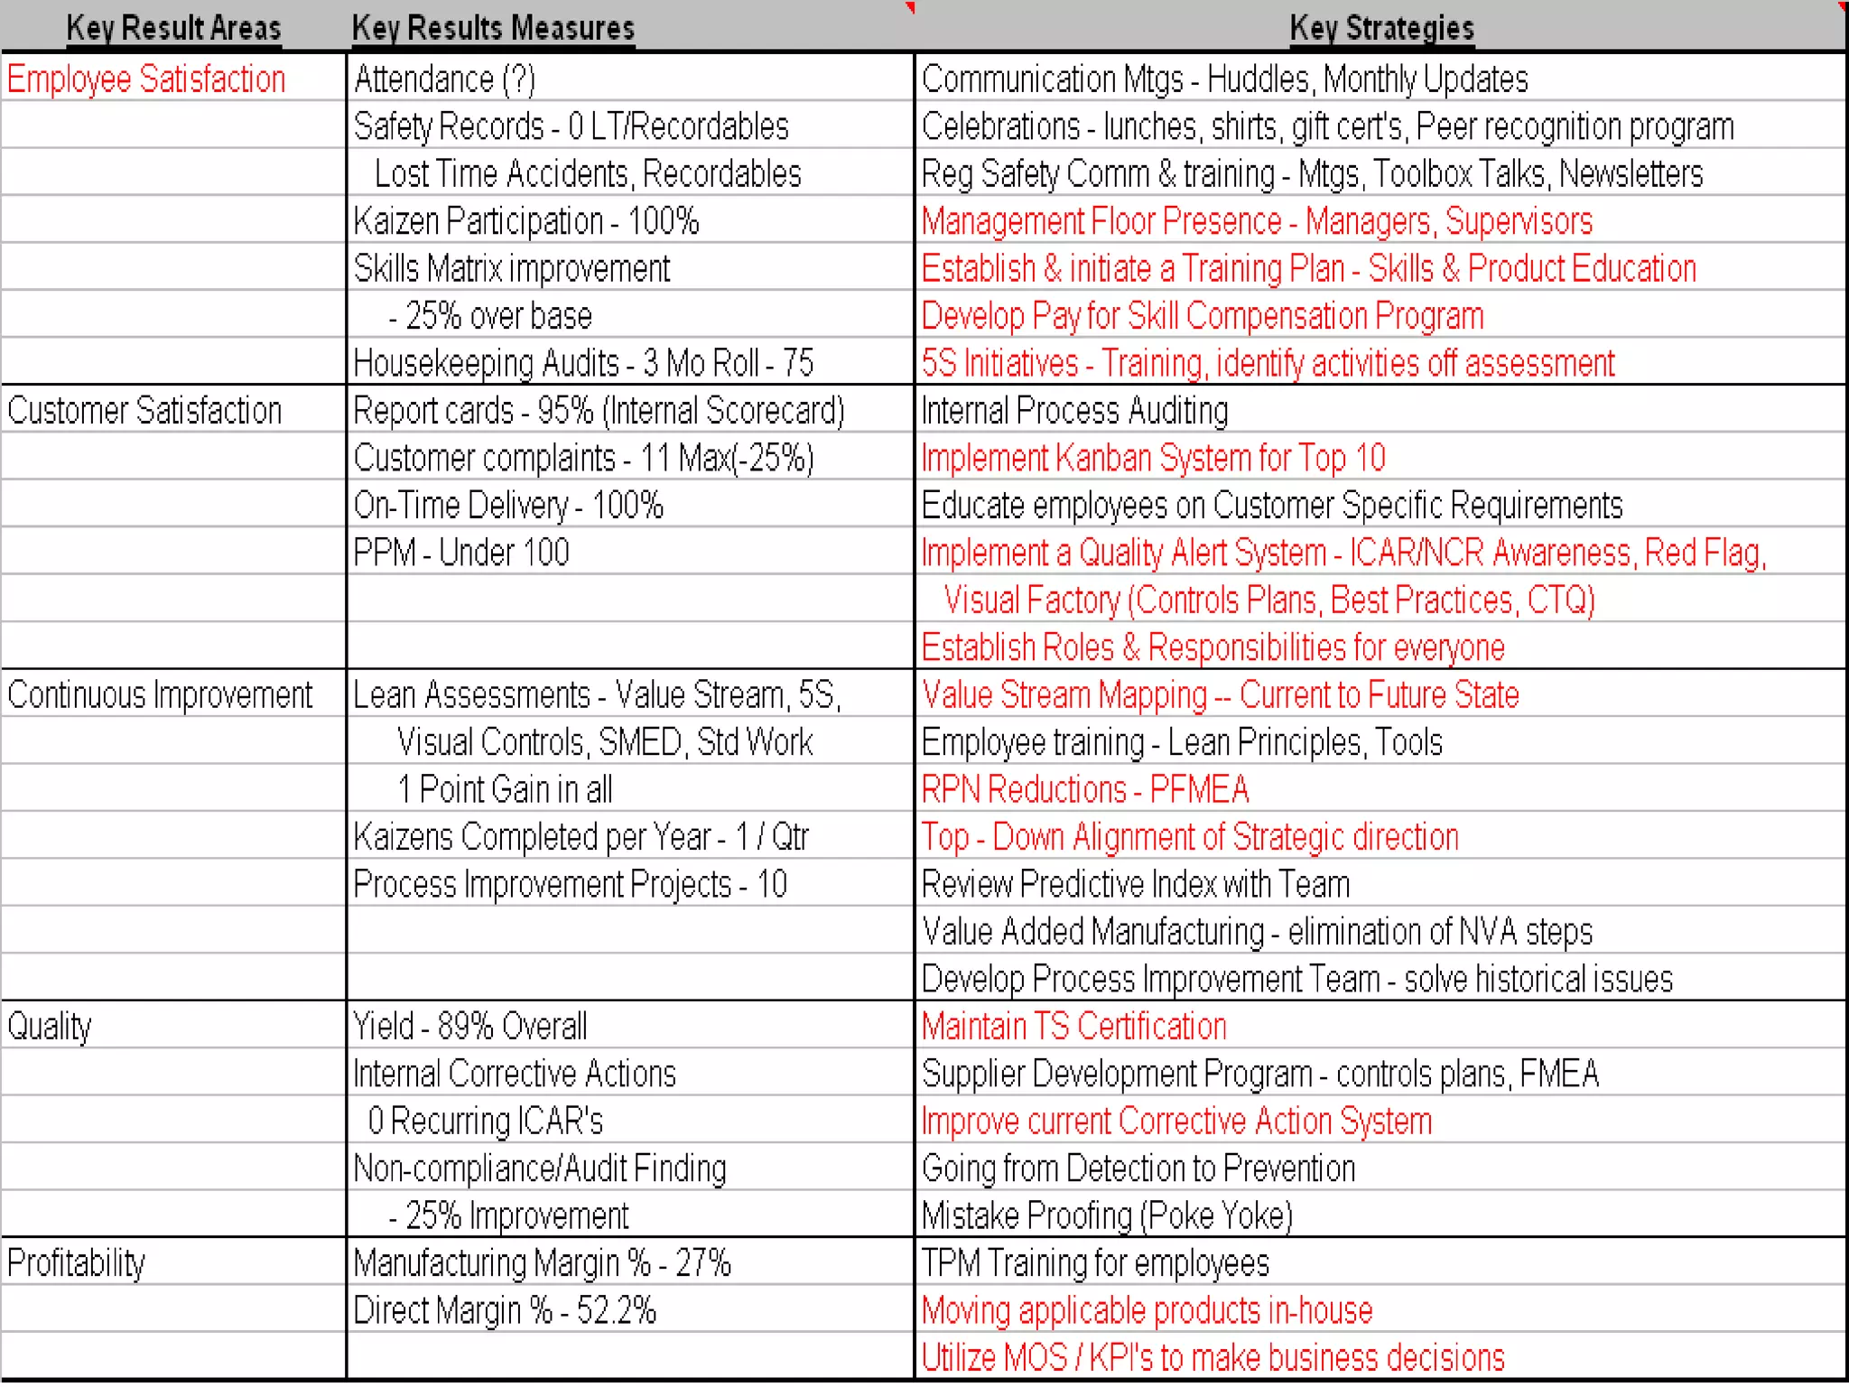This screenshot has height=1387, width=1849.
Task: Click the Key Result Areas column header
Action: pos(173,28)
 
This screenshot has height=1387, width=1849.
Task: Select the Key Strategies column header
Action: pos(1381,28)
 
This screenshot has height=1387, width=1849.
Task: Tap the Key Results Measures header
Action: pos(493,28)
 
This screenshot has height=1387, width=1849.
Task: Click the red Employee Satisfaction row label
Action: pos(146,79)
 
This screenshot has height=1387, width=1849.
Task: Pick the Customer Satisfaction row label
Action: pos(144,411)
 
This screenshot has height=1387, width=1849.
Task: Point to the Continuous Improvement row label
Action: pos(160,695)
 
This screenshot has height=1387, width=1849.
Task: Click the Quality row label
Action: pos(50,1027)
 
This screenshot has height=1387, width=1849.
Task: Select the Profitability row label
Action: pos(76,1263)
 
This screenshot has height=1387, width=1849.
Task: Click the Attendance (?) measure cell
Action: pos(444,79)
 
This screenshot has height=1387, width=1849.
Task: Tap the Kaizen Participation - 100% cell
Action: pos(526,221)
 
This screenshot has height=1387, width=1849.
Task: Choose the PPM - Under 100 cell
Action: pos(461,553)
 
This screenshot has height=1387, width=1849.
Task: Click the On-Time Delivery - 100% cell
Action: pos(508,506)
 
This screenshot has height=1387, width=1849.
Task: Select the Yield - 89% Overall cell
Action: pos(469,1027)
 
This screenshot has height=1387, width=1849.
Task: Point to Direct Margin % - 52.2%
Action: pos(505,1310)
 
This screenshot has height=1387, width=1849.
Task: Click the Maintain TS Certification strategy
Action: pos(1074,1027)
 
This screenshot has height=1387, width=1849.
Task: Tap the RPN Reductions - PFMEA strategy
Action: pos(1085,790)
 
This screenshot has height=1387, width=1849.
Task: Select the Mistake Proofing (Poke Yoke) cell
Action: pos(1107,1216)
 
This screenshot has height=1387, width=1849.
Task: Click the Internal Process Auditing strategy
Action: pos(1074,411)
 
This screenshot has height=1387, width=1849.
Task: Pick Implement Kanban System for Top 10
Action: pos(1153,459)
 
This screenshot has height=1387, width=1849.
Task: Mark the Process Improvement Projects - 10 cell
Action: pos(570,885)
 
